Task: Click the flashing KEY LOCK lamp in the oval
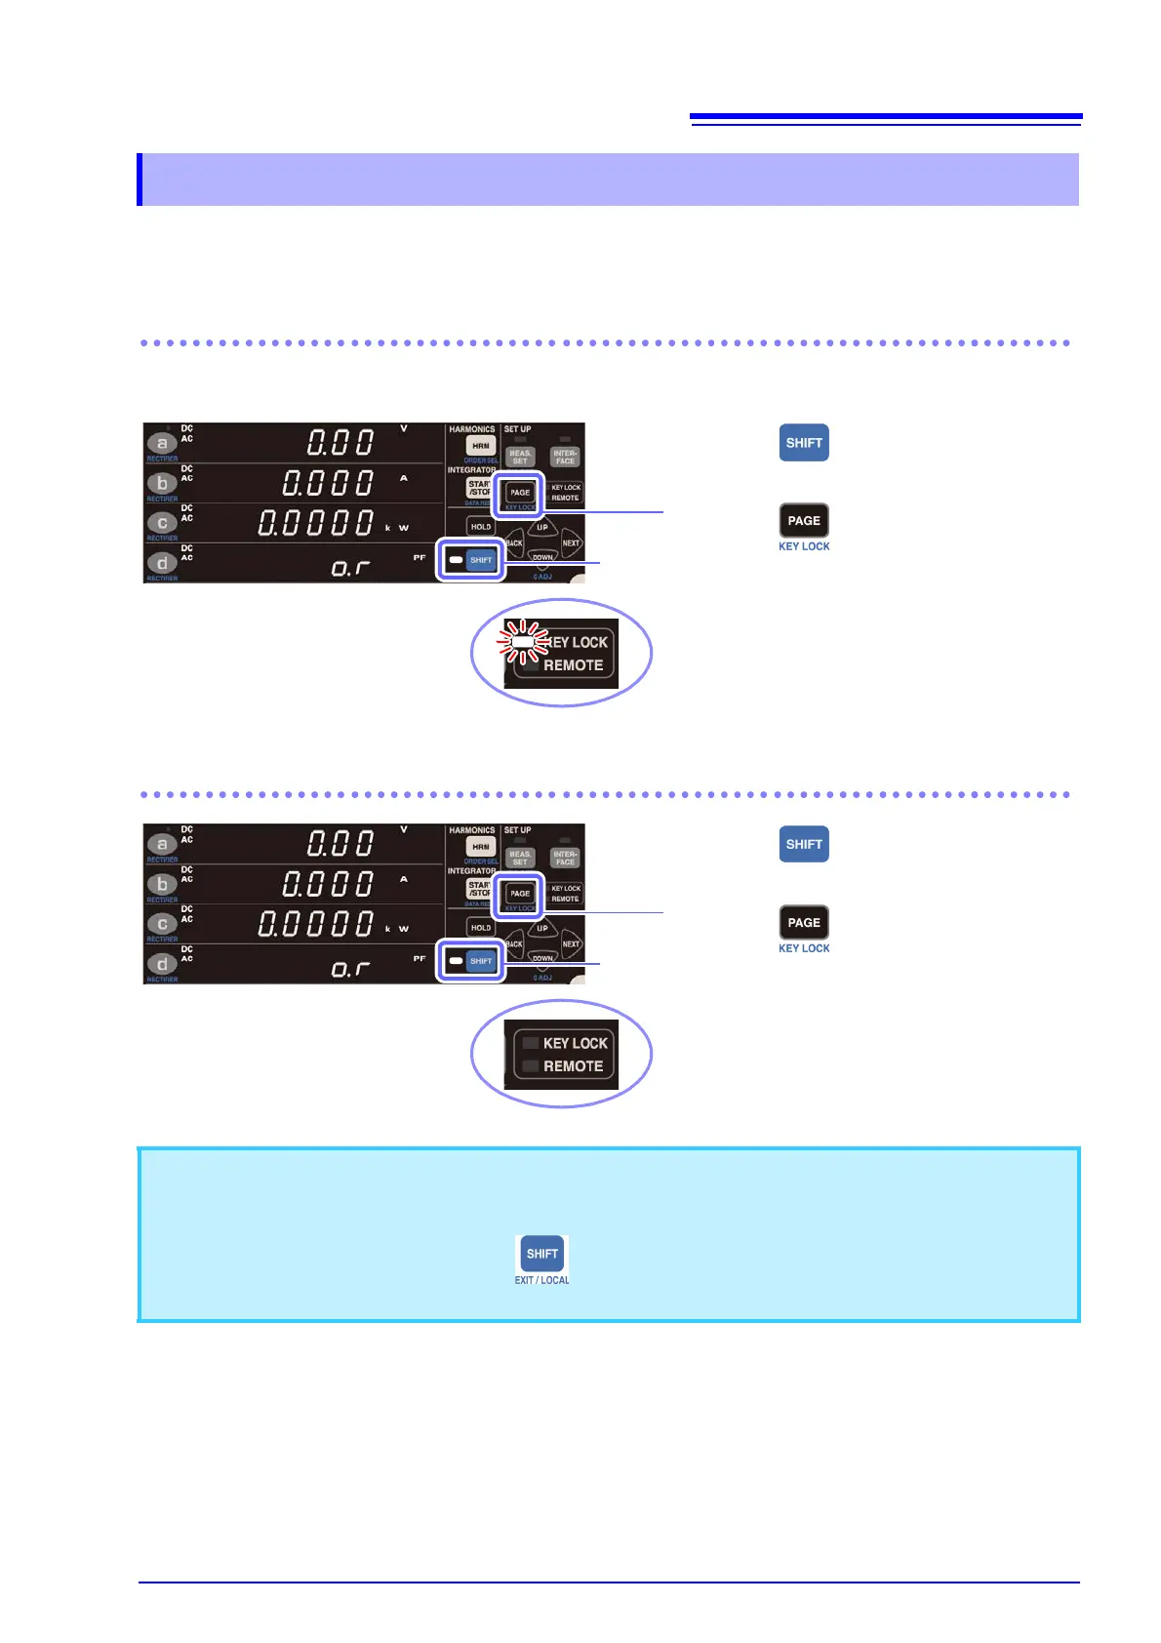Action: [x=523, y=641]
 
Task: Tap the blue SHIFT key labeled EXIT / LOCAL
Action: [x=541, y=1254]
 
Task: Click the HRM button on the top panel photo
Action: [x=480, y=446]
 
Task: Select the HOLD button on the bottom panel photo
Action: [x=481, y=927]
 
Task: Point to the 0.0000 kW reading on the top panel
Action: [x=314, y=523]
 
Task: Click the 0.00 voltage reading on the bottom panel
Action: [x=340, y=844]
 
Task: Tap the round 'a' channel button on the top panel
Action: [x=162, y=443]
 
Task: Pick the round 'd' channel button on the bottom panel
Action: [x=162, y=964]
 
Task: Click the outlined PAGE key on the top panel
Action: [x=520, y=493]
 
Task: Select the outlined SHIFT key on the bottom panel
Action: [x=481, y=961]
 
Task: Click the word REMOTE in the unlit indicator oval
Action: [x=573, y=1066]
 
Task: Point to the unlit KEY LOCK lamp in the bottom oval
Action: [x=531, y=1043]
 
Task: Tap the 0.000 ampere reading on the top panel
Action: [x=328, y=483]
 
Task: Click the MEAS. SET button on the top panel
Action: [x=520, y=458]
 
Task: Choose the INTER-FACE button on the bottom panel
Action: [x=565, y=859]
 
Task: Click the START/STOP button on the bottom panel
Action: [x=479, y=889]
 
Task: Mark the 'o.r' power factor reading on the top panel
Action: [x=350, y=567]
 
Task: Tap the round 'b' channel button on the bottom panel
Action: [x=162, y=884]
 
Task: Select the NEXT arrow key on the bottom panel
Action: [x=571, y=944]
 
